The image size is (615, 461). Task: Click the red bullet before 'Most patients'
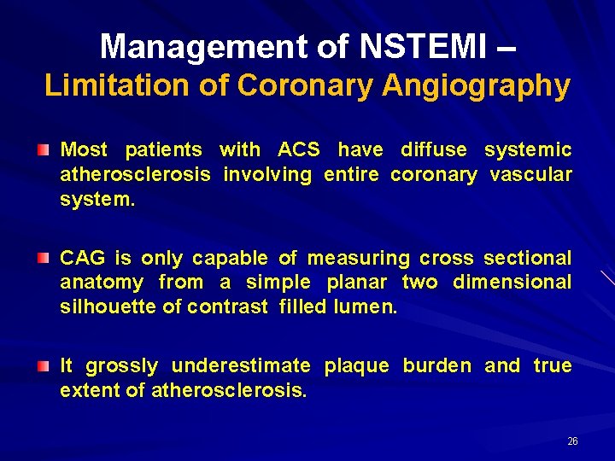pyautogui.click(x=43, y=150)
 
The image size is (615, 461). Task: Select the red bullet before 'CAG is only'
pyautogui.click(x=43, y=258)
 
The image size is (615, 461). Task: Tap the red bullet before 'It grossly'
pyautogui.click(x=43, y=366)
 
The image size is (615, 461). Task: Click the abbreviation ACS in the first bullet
pyautogui.click(x=299, y=150)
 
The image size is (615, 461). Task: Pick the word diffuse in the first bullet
pyautogui.click(x=434, y=150)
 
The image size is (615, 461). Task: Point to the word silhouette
pyautogui.click(x=107, y=306)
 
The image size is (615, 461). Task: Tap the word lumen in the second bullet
pyautogui.click(x=362, y=306)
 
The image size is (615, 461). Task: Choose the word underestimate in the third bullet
pyautogui.click(x=241, y=366)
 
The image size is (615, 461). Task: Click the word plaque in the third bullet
pyautogui.click(x=356, y=366)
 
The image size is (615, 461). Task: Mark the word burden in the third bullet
pyautogui.click(x=436, y=366)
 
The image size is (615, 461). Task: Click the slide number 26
pyautogui.click(x=572, y=441)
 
